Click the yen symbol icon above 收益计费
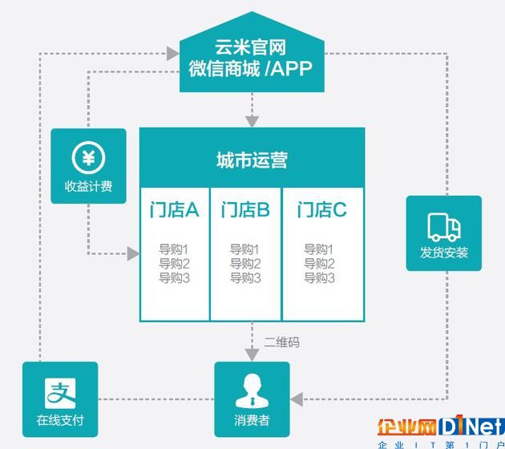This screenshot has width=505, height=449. pos(88,158)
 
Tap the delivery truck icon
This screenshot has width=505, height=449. pos(444,227)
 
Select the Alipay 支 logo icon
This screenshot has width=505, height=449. pos(60,394)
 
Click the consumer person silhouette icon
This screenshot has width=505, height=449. pos(252,391)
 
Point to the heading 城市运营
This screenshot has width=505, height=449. pos(252,160)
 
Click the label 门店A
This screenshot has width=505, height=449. pos(174,210)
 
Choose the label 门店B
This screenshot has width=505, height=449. pos(245,210)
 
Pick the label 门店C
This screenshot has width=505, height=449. pos(321,210)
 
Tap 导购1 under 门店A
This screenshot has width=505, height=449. pos(174,249)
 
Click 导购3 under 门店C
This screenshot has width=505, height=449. pos(319,277)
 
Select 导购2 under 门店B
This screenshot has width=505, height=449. pos(245,264)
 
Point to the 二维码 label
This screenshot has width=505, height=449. pos(282,342)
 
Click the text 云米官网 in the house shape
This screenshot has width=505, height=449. pos(251,47)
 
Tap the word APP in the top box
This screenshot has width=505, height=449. pos(291,68)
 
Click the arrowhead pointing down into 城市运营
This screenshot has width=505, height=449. pos(252,122)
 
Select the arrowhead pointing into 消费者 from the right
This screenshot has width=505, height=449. pos(297,399)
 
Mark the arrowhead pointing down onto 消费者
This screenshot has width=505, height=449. pos(252,355)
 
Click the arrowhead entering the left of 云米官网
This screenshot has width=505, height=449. pos(173,54)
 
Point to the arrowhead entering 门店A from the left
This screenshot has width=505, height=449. pos(133,254)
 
